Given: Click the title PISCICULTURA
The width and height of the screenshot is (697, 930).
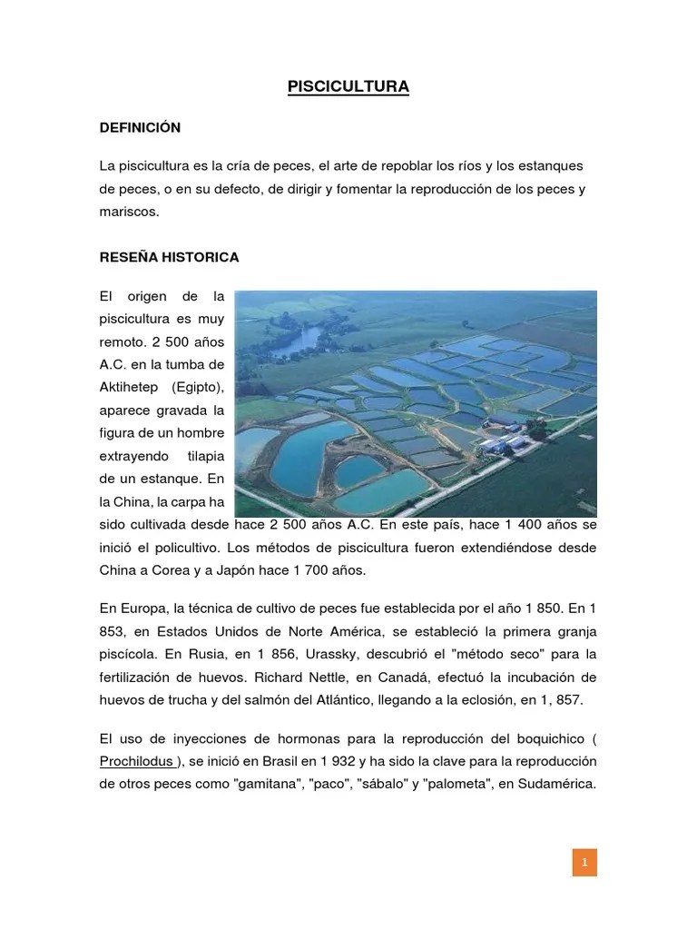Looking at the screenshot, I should coord(348,86).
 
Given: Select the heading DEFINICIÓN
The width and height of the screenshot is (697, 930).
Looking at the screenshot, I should coord(140,128).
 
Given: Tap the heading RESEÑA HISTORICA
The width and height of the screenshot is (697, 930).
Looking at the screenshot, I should coord(169,257).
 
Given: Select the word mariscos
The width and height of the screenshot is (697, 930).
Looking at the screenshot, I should coord(128,211).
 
